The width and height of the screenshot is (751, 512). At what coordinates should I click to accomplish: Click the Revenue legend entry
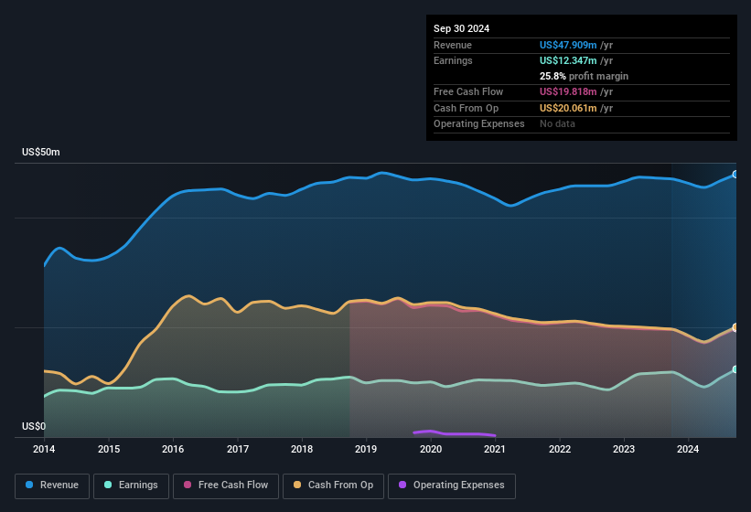click(53, 485)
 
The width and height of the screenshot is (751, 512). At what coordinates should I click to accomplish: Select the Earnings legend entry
click(132, 485)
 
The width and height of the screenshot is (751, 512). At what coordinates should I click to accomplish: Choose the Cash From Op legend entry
click(332, 485)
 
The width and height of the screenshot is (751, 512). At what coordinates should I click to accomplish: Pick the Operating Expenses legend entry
click(452, 485)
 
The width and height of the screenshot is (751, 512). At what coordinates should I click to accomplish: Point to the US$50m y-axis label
click(41, 153)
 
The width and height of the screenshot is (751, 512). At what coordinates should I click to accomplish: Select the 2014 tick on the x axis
click(44, 449)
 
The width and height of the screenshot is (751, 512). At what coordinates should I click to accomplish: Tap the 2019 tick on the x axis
click(366, 449)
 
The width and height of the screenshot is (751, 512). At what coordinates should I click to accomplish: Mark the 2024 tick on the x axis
click(688, 449)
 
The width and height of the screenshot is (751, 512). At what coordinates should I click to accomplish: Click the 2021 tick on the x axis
click(495, 449)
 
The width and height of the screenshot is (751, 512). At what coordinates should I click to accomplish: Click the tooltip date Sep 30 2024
click(461, 28)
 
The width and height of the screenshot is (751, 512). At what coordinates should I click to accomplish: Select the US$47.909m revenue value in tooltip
click(568, 45)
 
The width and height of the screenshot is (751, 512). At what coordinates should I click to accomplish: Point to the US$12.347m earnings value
click(568, 60)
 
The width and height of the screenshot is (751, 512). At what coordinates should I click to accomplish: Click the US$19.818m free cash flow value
click(568, 91)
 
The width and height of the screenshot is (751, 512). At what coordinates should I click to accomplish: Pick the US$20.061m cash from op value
click(568, 108)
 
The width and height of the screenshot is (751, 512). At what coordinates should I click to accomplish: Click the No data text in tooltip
click(558, 123)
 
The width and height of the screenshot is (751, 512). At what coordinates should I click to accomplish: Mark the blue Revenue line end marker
click(735, 174)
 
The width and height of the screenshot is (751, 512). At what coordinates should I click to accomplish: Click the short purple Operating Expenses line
click(453, 433)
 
